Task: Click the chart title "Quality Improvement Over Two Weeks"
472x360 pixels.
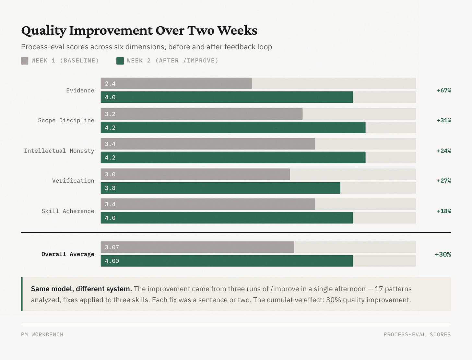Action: [139, 30]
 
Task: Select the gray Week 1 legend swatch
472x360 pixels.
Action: [25, 61]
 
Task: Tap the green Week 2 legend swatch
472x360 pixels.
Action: [120, 61]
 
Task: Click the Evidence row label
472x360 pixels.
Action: [80, 90]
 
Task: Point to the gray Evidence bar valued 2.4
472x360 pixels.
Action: [176, 84]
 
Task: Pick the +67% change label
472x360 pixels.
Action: [444, 90]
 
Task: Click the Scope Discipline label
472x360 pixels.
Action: [66, 120]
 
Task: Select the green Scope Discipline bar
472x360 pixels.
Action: [233, 128]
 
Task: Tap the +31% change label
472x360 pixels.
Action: [444, 120]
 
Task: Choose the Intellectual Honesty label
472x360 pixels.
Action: [59, 151]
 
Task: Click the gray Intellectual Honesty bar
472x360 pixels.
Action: [207, 144]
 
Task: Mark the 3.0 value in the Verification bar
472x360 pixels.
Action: [110, 174]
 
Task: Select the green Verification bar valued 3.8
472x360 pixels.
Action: [220, 188]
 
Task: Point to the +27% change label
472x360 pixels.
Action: [444, 181]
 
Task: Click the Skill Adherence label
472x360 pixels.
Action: [68, 211]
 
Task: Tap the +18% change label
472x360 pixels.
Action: [444, 211]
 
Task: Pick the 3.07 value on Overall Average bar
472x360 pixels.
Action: [112, 247]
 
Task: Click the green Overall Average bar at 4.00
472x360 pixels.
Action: [227, 261]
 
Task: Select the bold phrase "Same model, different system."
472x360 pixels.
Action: [81, 289]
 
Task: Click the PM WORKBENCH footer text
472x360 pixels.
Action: [42, 335]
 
